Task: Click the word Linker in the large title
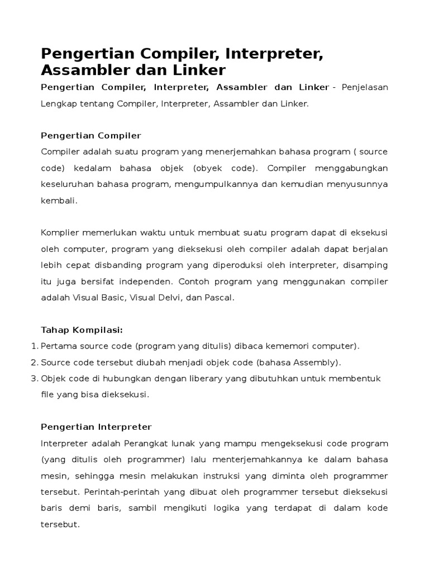click(197, 70)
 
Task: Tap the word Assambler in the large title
click(87, 70)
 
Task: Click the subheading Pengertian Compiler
click(91, 135)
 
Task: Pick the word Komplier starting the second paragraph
click(60, 232)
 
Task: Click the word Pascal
click(218, 297)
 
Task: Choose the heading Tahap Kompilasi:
click(82, 330)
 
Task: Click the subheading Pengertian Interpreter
click(96, 427)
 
